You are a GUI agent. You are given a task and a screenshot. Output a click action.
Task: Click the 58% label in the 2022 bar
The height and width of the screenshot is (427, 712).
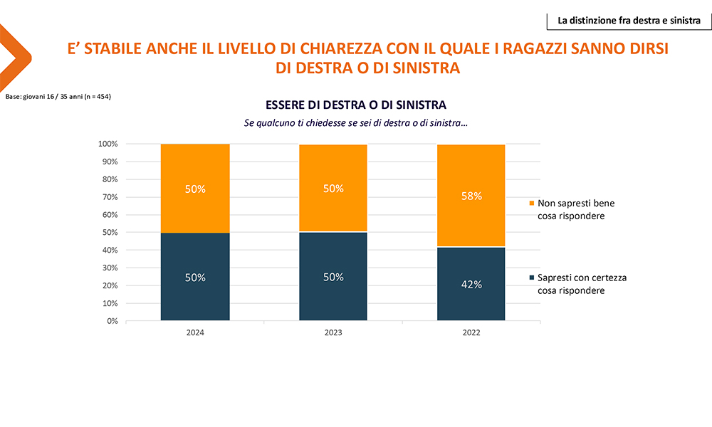tap(471, 196)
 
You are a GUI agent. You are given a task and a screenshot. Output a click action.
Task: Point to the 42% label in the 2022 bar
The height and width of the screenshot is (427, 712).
tap(471, 284)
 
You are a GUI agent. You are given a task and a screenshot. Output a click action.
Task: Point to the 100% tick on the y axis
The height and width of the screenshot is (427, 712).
tap(107, 144)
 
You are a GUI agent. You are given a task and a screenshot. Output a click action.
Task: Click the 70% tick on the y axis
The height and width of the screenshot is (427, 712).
tap(109, 197)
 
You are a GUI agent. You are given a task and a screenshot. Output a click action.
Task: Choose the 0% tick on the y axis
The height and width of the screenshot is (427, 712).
tap(111, 321)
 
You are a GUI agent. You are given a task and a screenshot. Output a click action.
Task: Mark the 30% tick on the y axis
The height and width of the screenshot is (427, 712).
tap(109, 268)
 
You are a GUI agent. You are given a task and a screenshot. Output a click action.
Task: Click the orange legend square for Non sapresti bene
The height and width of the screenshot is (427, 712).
tap(531, 204)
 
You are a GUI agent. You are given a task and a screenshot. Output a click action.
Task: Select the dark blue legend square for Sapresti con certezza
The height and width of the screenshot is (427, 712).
tap(531, 278)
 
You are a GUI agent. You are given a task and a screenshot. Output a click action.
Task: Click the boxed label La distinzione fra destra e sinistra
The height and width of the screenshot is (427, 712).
tap(629, 21)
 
